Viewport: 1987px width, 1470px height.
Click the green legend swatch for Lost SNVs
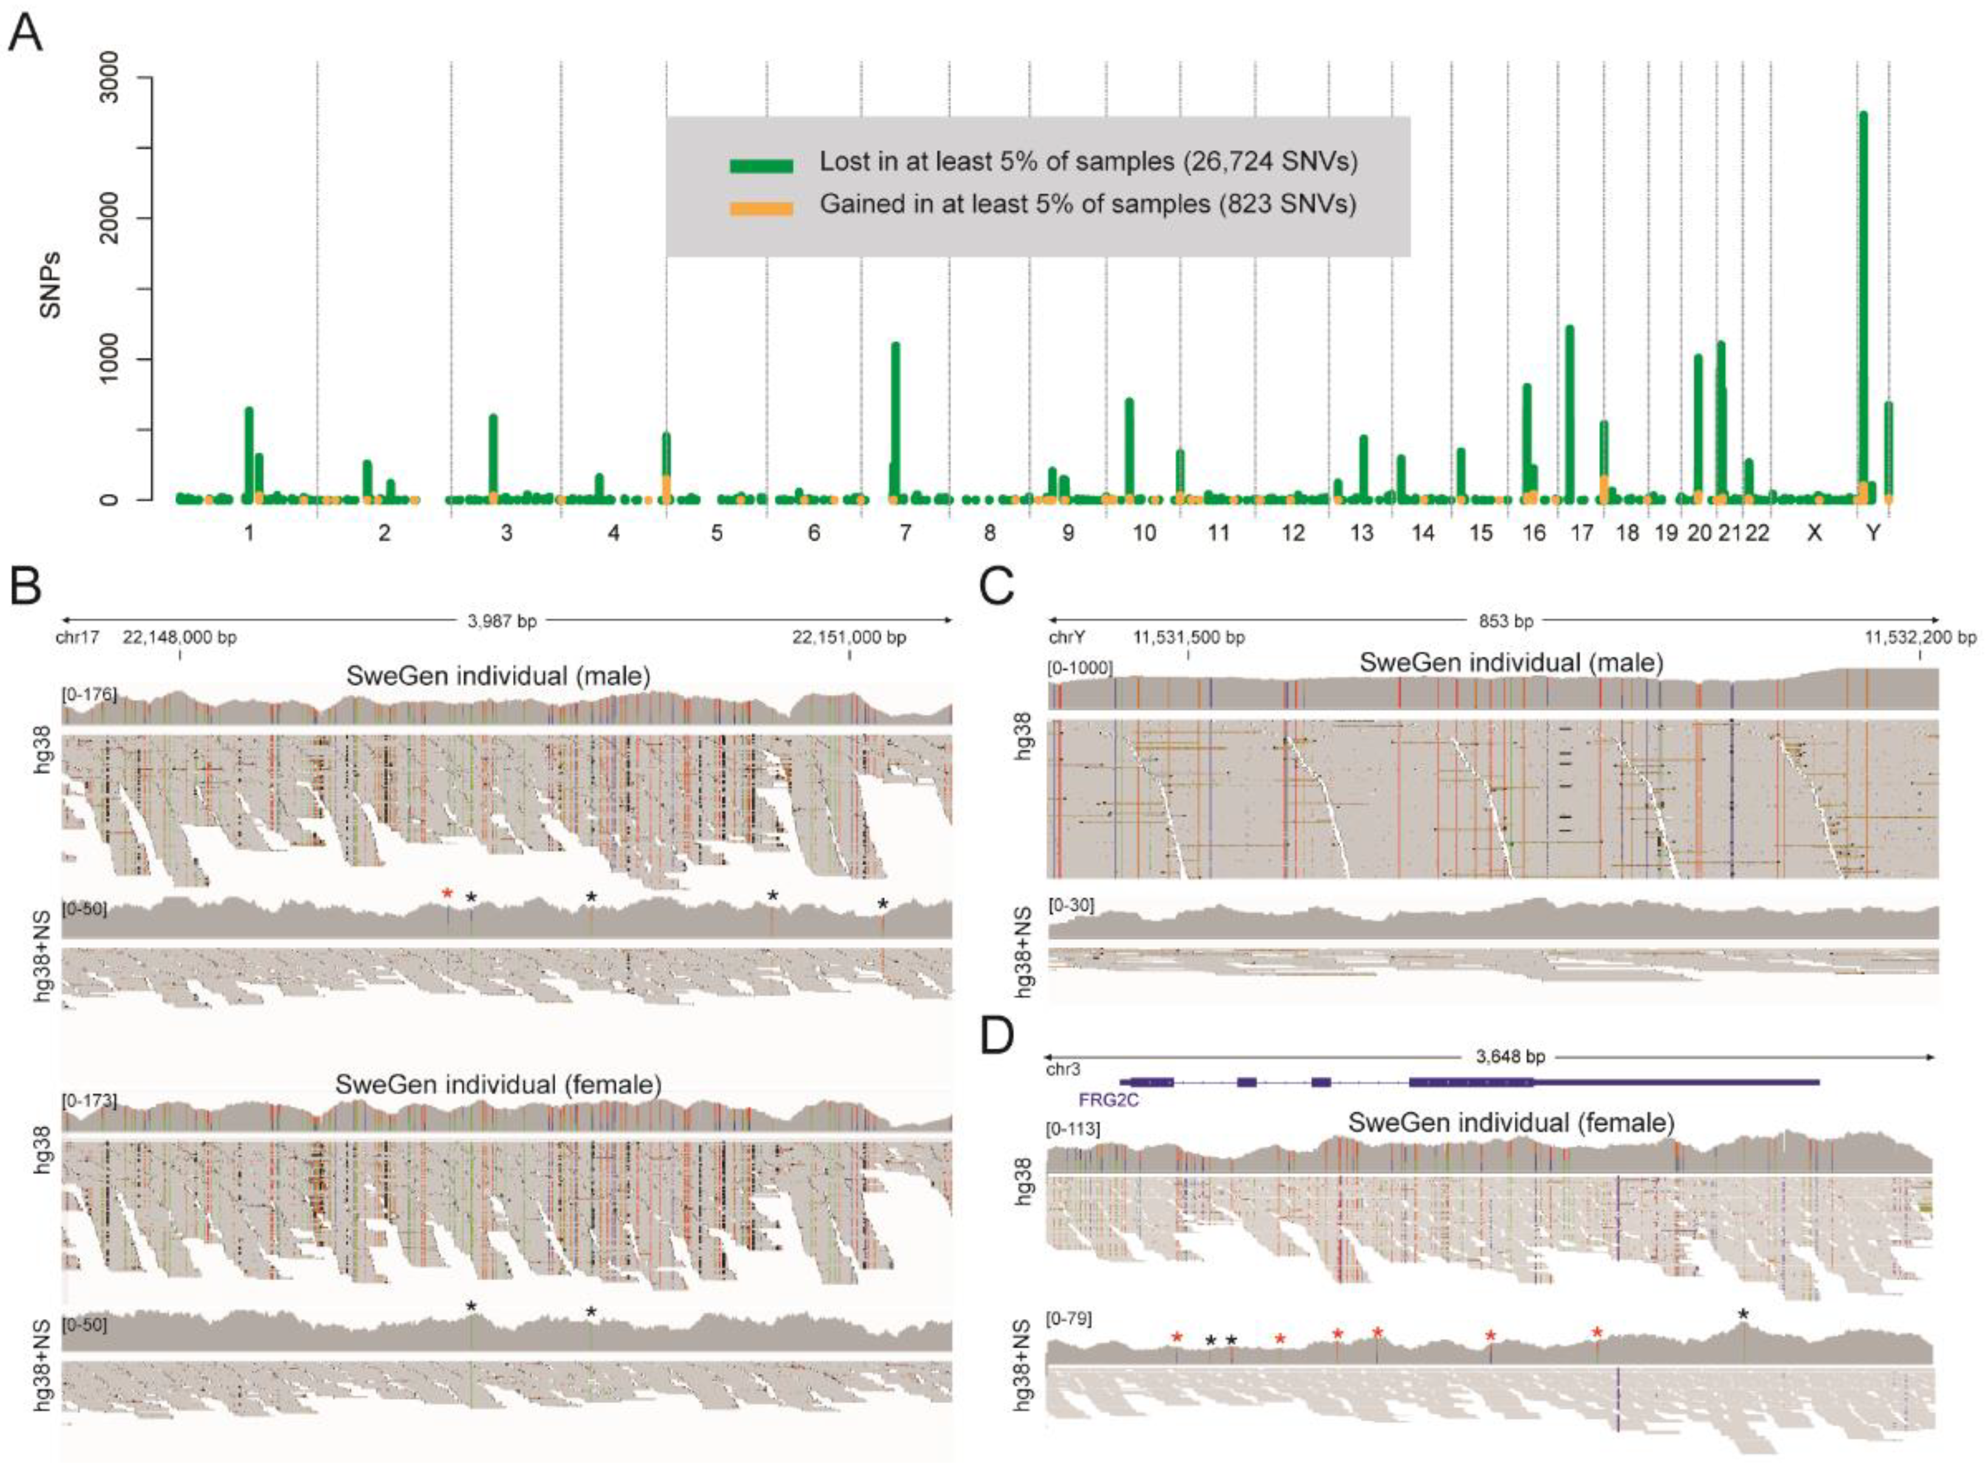pyautogui.click(x=762, y=165)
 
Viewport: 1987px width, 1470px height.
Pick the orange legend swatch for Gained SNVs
pyautogui.click(x=762, y=209)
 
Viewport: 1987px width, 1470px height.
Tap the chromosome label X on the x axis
pyautogui.click(x=1814, y=534)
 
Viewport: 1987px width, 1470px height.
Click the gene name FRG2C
pyautogui.click(x=1108, y=1100)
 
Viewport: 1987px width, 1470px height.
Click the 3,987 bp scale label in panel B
pyautogui.click(x=503, y=620)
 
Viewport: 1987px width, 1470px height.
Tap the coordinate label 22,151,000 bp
pyautogui.click(x=849, y=637)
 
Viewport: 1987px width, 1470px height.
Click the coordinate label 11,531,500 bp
pyautogui.click(x=1189, y=637)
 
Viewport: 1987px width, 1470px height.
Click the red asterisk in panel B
pyautogui.click(x=447, y=894)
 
